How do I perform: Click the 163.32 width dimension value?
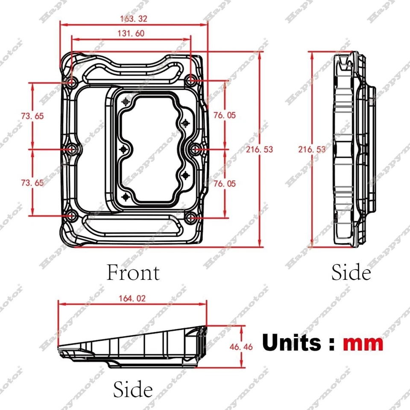click(x=134, y=18)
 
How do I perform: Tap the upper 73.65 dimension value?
click(x=32, y=115)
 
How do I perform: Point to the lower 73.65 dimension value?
click(x=32, y=183)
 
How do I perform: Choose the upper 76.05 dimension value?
click(x=224, y=115)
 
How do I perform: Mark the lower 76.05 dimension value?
click(x=224, y=183)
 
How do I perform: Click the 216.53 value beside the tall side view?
click(x=312, y=149)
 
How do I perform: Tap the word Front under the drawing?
click(x=133, y=273)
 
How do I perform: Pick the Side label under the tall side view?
click(x=351, y=273)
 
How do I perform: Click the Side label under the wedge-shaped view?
click(x=133, y=389)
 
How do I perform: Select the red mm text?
click(x=363, y=343)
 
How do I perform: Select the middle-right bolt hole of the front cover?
click(x=195, y=149)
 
